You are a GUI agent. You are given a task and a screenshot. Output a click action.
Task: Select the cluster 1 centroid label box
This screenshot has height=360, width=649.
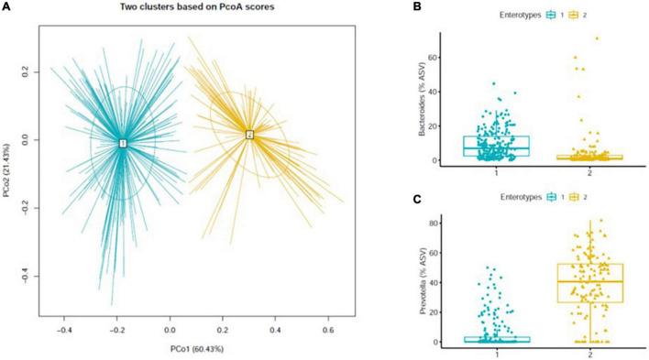[122, 143]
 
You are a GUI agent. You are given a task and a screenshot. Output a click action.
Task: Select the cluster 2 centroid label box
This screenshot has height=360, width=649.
[248, 135]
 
